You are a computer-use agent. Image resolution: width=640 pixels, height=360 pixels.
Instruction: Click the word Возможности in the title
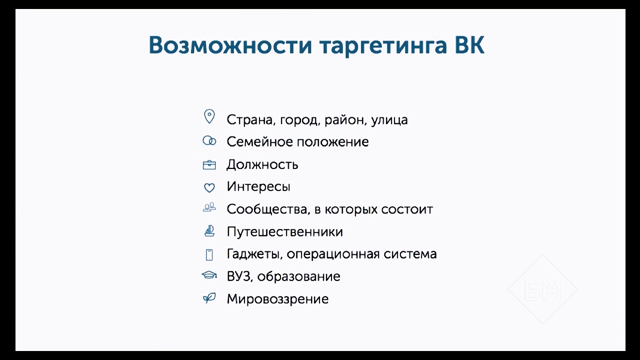[230, 45]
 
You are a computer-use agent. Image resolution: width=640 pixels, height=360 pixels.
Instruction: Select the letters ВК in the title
[469, 45]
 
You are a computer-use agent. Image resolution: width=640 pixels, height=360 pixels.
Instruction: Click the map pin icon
[209, 116]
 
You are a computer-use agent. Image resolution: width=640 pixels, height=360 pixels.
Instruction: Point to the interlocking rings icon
[209, 141]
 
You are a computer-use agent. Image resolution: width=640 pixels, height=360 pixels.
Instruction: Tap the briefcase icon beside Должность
[209, 165]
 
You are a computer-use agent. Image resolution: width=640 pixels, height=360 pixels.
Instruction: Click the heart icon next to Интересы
[209, 187]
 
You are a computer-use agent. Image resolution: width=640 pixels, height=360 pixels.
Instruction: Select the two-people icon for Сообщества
[209, 207]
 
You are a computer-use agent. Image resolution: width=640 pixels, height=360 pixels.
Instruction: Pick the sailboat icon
[209, 231]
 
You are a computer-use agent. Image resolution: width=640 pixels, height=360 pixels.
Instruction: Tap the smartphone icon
[209, 254]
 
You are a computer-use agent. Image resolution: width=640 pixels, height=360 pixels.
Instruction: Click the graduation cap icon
[209, 275]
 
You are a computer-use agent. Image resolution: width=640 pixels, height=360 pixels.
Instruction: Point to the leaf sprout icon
[209, 298]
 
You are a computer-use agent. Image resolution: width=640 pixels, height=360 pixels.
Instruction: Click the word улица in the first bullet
[389, 120]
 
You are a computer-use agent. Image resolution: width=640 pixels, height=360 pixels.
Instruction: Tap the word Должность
[262, 165]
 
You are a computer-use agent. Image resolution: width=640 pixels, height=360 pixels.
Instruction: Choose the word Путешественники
[285, 231]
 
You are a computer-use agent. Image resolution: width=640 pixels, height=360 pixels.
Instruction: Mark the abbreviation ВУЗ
[239, 276]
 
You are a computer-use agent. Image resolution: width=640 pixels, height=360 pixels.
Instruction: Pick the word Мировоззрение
[277, 299]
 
